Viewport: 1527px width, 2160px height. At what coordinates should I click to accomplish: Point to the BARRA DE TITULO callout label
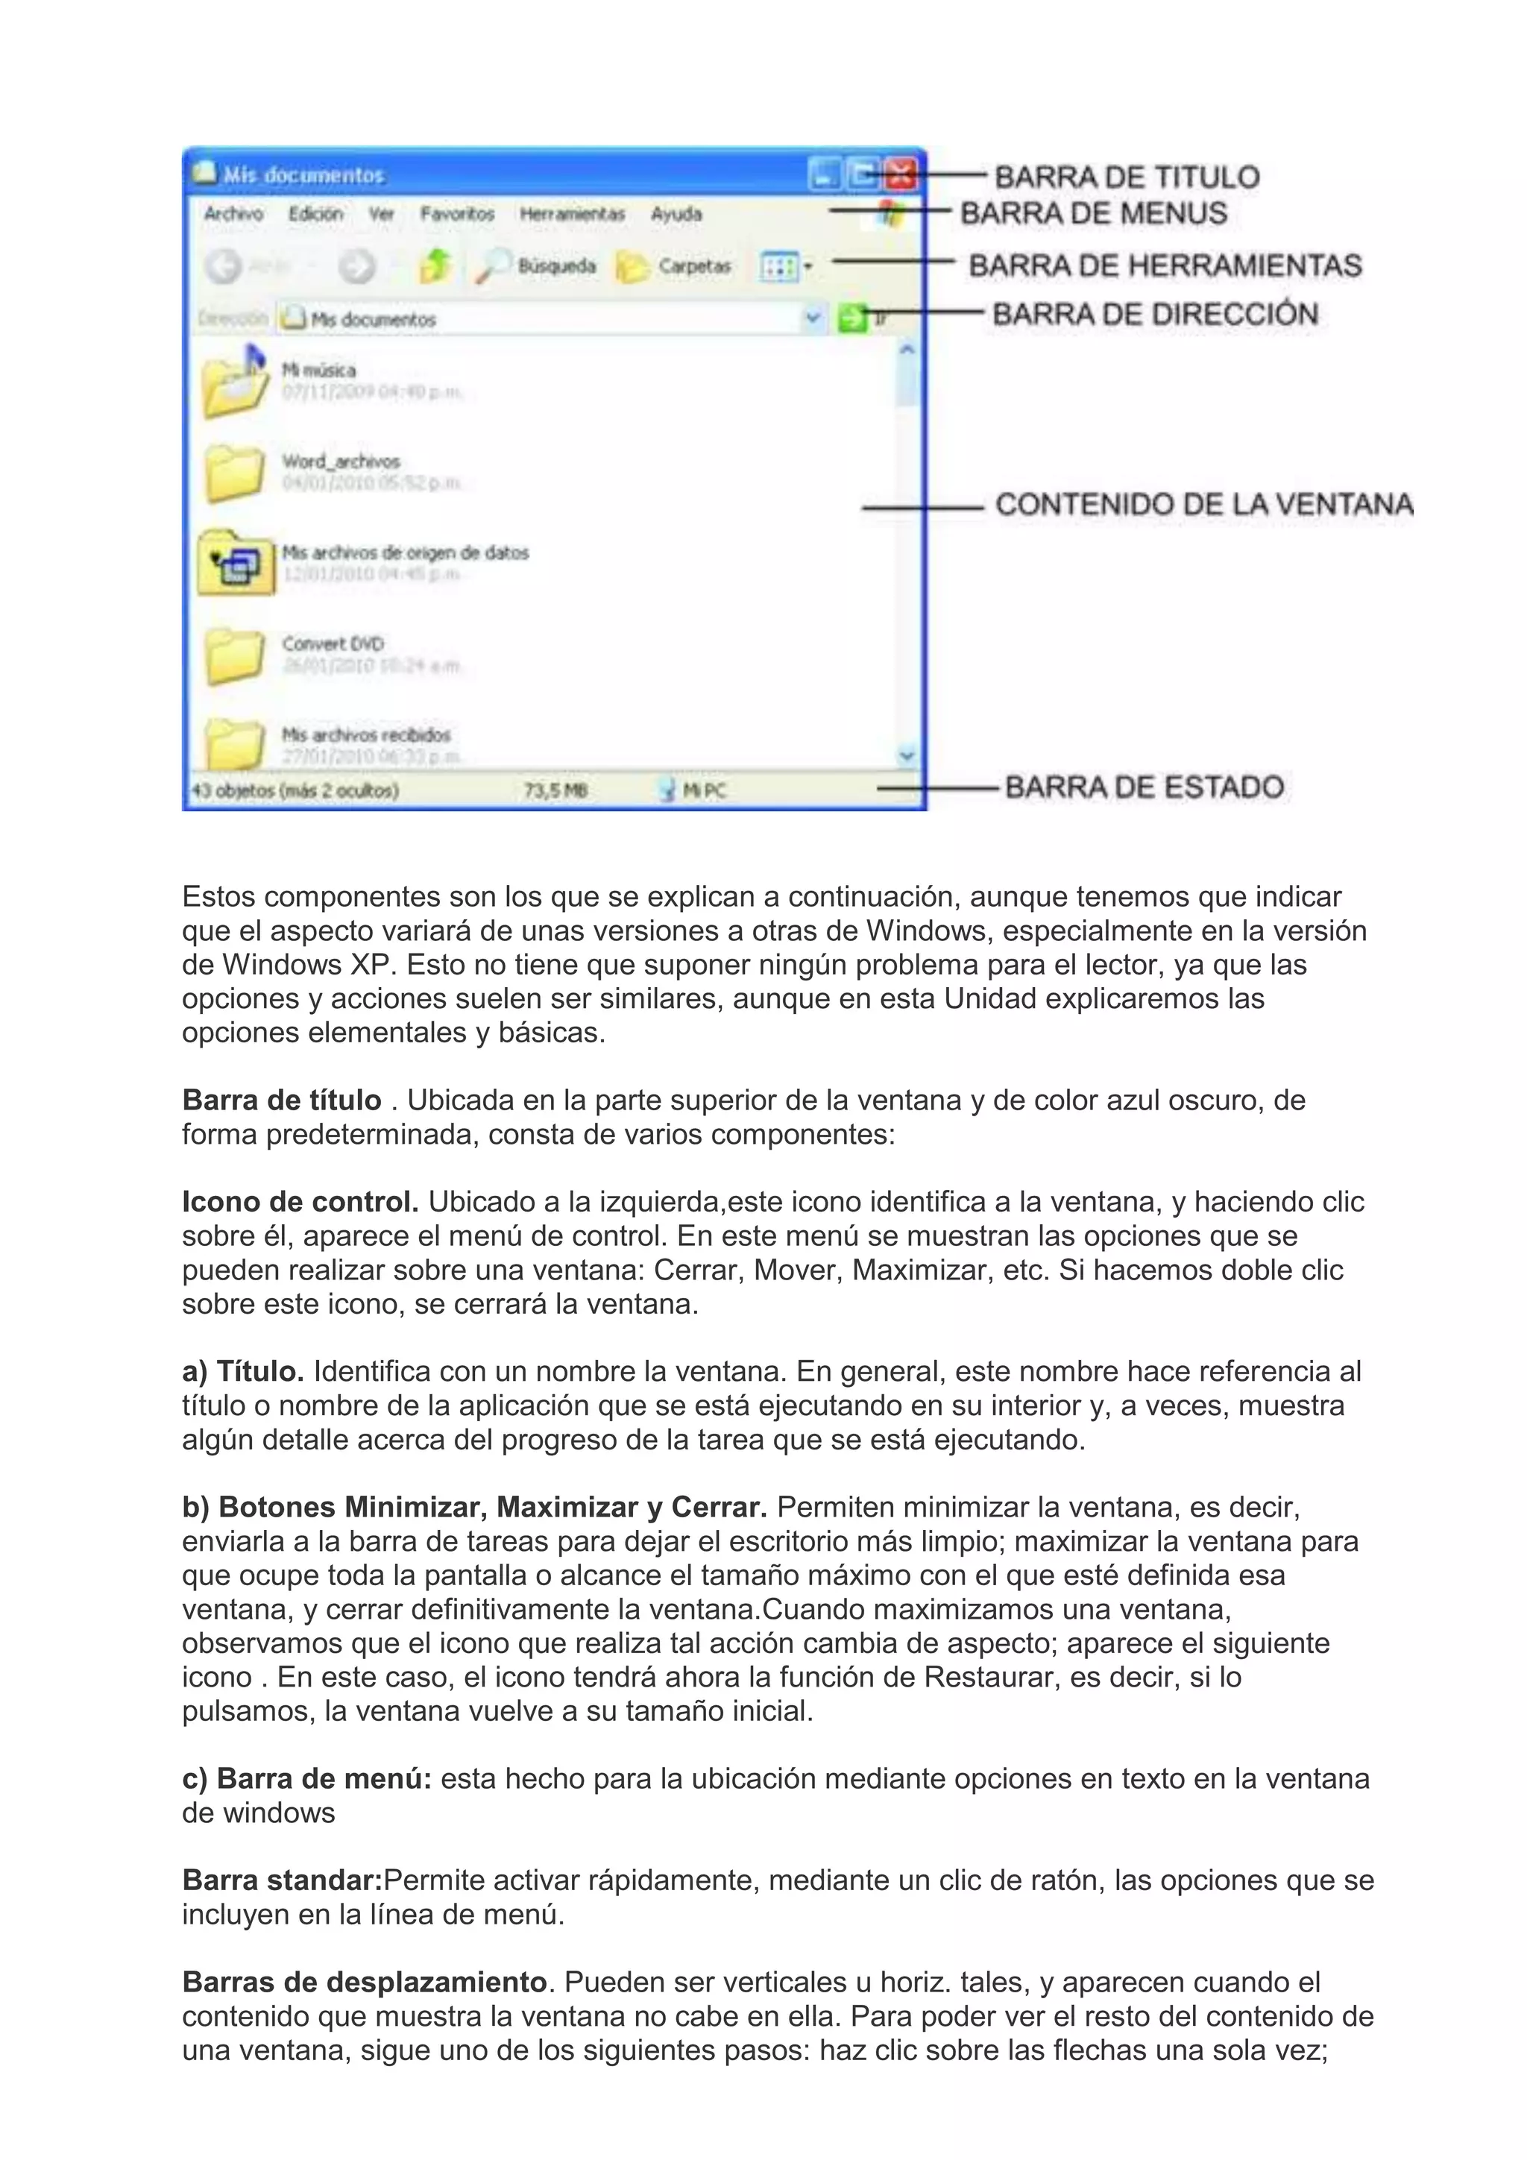(1126, 177)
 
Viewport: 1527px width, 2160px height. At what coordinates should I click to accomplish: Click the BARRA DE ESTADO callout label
(1144, 787)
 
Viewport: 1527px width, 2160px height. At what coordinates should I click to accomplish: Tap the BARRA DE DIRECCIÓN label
(1154, 313)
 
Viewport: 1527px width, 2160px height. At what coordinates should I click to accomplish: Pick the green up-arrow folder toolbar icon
(435, 266)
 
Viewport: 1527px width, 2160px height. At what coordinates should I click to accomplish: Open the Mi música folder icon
(235, 381)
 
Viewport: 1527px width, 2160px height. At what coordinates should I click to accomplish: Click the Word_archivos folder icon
(233, 472)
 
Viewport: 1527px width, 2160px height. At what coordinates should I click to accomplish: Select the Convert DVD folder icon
(233, 655)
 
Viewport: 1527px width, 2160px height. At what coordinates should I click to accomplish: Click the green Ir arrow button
(851, 319)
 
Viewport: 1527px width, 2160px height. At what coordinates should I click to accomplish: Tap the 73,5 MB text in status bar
(555, 791)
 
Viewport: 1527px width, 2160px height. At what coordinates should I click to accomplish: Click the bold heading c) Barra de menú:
(306, 1779)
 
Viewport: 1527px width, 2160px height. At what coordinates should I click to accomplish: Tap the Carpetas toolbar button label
(694, 266)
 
